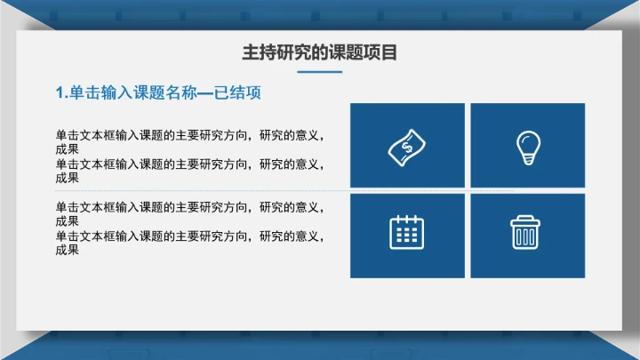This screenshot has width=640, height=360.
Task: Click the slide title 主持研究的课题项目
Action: [319, 53]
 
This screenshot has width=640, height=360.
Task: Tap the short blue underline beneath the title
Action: [319, 72]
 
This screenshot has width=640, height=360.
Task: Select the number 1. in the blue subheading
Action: [61, 93]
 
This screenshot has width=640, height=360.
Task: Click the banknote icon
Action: [407, 146]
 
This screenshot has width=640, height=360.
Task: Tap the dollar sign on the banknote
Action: [407, 146]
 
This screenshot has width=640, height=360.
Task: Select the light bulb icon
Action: [528, 146]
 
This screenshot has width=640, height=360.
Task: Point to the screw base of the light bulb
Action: [528, 160]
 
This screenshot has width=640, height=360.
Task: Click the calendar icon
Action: [407, 232]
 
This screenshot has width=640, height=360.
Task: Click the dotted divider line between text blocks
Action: [267, 190]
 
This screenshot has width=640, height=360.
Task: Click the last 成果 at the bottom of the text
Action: [68, 250]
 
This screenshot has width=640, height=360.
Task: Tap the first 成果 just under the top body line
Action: [68, 149]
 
